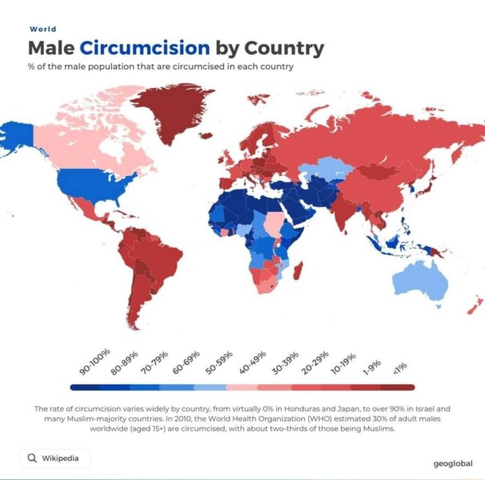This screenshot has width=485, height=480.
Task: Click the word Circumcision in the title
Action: click(x=144, y=49)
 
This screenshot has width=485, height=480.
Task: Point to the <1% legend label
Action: click(x=399, y=369)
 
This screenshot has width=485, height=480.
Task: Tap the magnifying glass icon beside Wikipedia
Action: click(x=31, y=458)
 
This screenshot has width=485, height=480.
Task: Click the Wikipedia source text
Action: click(x=61, y=458)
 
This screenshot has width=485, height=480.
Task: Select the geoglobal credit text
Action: click(x=452, y=463)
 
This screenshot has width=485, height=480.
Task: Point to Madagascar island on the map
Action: click(x=299, y=268)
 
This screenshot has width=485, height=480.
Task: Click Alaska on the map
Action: click(x=17, y=140)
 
